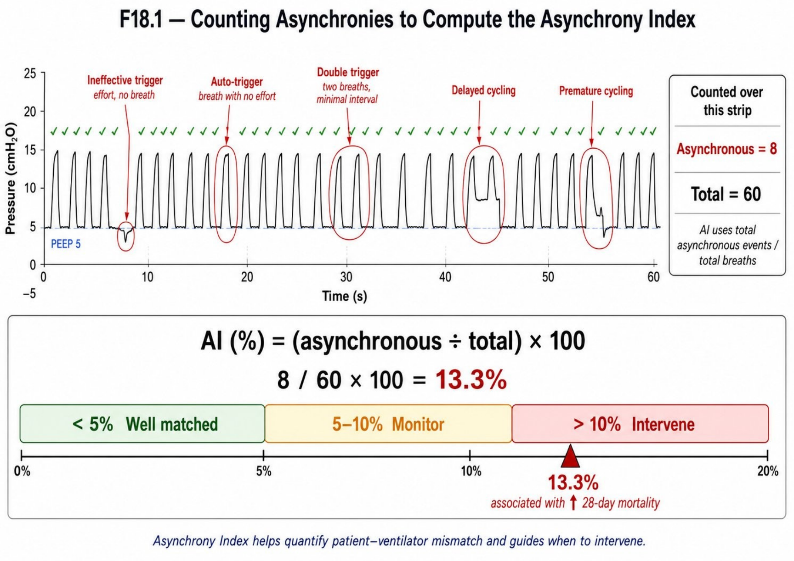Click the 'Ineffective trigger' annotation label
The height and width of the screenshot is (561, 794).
click(x=125, y=80)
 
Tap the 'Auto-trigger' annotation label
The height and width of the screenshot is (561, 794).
click(x=237, y=82)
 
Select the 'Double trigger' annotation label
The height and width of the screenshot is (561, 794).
click(x=348, y=72)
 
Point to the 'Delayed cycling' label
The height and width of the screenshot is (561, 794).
click(x=483, y=90)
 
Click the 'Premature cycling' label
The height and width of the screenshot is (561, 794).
click(x=596, y=91)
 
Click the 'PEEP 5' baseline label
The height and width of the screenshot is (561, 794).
click(x=66, y=244)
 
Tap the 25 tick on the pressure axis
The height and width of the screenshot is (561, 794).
click(x=30, y=73)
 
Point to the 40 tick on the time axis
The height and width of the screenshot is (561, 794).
click(x=445, y=277)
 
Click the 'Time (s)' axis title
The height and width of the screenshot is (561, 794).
click(x=345, y=296)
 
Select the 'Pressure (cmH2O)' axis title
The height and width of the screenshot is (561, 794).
click(x=11, y=178)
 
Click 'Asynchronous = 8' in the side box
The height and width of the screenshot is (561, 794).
click(x=726, y=149)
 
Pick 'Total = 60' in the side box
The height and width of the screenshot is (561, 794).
click(x=726, y=194)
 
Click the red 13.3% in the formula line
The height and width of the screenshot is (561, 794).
click(x=471, y=380)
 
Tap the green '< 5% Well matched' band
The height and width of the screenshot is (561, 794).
click(x=142, y=424)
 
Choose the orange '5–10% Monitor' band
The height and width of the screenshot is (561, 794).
click(x=388, y=424)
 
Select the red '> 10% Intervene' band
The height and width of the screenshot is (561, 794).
click(x=640, y=424)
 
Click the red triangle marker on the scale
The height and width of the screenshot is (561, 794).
click(x=570, y=457)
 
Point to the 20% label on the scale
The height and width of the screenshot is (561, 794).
click(x=768, y=471)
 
